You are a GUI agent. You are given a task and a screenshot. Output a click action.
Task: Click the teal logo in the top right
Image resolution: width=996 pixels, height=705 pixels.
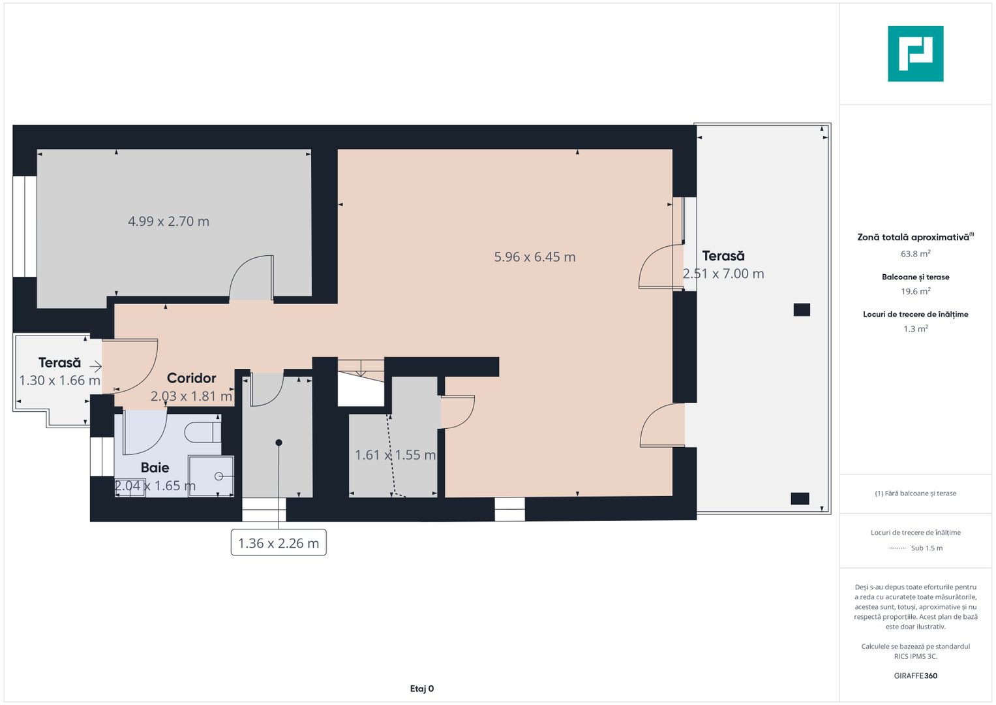click(915, 54)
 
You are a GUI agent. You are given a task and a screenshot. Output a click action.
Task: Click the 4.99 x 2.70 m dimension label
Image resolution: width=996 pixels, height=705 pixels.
click(168, 221)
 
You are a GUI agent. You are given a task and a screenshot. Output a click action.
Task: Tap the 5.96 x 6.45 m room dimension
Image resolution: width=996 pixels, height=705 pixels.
click(534, 257)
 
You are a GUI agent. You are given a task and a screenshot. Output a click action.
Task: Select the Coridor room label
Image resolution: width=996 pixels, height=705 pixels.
click(191, 378)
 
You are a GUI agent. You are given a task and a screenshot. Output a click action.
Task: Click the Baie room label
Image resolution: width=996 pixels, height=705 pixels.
click(155, 467)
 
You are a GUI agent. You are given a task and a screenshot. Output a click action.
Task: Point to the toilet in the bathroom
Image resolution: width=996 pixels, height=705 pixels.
click(202, 432)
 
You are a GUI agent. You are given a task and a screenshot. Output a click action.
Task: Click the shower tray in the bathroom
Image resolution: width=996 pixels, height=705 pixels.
click(211, 476)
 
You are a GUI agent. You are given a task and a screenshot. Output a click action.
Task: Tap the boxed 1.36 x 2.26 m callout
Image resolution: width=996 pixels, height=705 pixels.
click(279, 543)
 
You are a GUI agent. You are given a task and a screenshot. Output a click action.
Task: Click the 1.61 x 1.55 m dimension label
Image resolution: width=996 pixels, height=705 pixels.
click(395, 455)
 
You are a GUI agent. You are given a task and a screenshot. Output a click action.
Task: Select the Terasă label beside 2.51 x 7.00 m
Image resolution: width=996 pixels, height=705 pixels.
click(723, 256)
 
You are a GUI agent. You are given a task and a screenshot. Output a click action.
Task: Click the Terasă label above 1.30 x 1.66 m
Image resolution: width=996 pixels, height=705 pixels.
click(59, 362)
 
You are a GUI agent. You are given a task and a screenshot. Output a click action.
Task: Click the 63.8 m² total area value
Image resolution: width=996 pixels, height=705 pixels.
click(915, 254)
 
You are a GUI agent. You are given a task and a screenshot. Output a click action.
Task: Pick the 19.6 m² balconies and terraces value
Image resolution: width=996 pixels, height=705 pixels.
click(915, 292)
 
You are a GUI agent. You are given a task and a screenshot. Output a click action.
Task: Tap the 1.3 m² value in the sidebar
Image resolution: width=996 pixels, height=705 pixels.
click(915, 329)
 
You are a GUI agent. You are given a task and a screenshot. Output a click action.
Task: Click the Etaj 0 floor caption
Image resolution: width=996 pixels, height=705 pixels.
click(421, 689)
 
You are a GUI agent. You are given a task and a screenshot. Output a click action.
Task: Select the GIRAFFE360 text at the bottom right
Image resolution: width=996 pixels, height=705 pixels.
click(915, 676)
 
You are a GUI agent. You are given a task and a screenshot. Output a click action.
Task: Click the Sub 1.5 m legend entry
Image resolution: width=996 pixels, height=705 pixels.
click(926, 548)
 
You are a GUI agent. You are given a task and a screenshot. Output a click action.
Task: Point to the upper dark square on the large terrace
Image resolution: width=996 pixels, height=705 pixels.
click(802, 310)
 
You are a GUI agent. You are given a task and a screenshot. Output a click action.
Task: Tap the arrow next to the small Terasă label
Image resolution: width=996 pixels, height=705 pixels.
click(95, 366)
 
